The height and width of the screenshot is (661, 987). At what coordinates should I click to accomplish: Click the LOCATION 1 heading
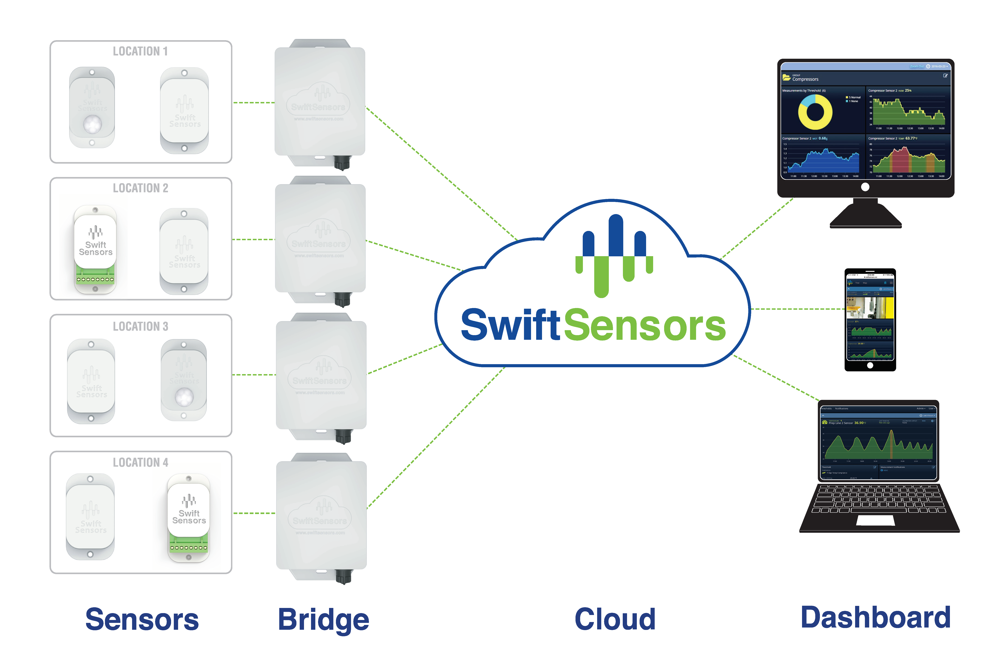(x=140, y=52)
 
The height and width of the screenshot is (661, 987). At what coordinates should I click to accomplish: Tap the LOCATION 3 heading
(x=140, y=326)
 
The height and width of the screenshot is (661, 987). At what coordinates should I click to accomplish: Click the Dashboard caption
(x=875, y=618)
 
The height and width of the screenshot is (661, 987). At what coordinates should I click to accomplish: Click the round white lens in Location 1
(x=92, y=125)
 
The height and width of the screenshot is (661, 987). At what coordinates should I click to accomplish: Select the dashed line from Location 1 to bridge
(x=254, y=102)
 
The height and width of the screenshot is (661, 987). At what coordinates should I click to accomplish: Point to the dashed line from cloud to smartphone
(x=797, y=309)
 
